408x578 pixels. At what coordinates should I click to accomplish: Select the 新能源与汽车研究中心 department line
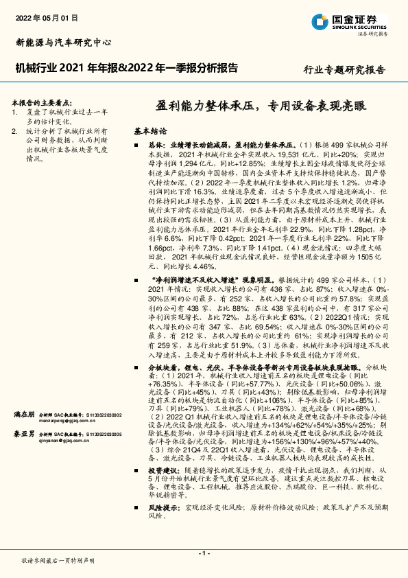(x=62, y=42)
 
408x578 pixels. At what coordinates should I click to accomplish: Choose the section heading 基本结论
(x=149, y=130)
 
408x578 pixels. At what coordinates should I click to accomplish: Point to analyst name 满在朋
(x=24, y=415)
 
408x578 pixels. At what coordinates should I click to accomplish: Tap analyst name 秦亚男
(x=24, y=435)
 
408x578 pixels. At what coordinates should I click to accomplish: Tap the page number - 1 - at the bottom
(x=204, y=553)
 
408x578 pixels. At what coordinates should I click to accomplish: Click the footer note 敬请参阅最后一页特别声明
(x=58, y=560)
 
